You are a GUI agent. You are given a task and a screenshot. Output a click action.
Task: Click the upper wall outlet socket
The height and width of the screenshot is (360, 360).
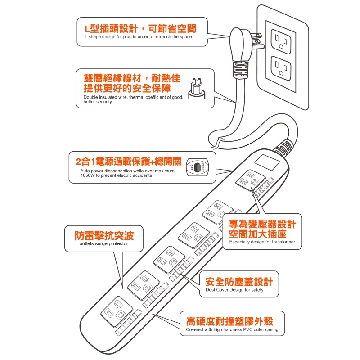point(281,41)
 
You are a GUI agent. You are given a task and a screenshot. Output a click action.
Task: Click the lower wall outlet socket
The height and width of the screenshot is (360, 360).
point(281,68)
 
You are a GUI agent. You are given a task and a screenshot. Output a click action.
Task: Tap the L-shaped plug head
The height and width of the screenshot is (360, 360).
point(239,45)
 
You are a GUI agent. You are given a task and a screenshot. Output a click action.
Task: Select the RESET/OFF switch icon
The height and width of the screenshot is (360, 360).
point(197,167)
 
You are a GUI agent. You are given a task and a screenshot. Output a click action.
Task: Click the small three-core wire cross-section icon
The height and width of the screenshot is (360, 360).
point(197,89)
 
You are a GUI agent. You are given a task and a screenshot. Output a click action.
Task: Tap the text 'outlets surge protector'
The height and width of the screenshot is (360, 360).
point(104,243)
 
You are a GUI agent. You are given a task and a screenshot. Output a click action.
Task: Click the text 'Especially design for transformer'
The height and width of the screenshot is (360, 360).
point(262,242)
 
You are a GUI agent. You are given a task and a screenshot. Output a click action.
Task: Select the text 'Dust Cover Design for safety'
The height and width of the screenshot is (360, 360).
point(234,290)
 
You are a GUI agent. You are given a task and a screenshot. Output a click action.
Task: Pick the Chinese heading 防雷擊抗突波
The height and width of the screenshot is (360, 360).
point(104,235)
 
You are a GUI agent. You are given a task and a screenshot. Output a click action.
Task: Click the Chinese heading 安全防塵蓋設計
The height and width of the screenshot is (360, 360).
point(239,282)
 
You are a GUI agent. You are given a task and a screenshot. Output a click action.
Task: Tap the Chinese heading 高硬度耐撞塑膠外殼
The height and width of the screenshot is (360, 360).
point(230,321)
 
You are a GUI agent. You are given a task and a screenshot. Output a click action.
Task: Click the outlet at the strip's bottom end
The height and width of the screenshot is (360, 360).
point(117,311)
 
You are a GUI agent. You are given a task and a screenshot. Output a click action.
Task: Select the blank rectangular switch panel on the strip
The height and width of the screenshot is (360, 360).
point(267,162)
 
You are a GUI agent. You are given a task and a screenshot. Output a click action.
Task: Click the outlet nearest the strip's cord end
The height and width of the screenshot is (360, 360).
point(251,180)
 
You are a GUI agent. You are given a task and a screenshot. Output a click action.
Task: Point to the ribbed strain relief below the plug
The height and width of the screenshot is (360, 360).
point(240,70)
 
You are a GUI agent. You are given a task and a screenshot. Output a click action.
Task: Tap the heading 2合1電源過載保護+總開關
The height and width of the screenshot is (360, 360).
point(129,162)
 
